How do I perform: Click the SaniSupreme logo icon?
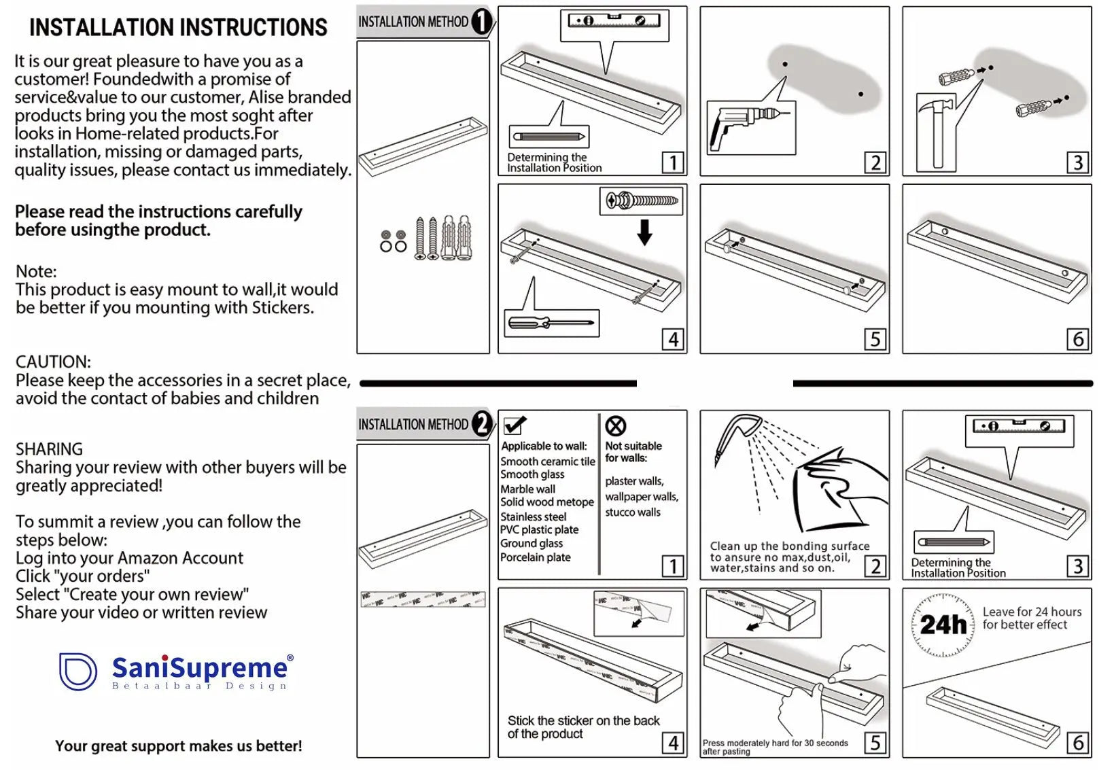pyautogui.click(x=77, y=671)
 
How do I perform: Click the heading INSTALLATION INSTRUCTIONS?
pyautogui.click(x=178, y=28)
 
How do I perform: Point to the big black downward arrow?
pyautogui.click(x=644, y=232)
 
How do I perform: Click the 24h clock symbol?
pyautogui.click(x=943, y=625)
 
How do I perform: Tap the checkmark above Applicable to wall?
pyautogui.click(x=515, y=425)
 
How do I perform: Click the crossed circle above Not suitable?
pyautogui.click(x=616, y=426)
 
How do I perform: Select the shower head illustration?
pyautogui.click(x=737, y=436)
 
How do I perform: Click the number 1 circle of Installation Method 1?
pyautogui.click(x=481, y=22)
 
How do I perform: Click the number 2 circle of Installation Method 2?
pyautogui.click(x=481, y=424)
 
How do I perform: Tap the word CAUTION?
pyautogui.click(x=53, y=362)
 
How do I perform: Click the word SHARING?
pyautogui.click(x=49, y=449)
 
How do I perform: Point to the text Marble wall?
pyautogui.click(x=527, y=489)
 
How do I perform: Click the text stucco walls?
pyautogui.click(x=633, y=512)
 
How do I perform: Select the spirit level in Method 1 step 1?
pyautogui.click(x=614, y=20)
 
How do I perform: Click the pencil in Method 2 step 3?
pyautogui.click(x=953, y=542)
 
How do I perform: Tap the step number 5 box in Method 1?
pyautogui.click(x=875, y=339)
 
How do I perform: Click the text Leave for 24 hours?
pyautogui.click(x=1032, y=612)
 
